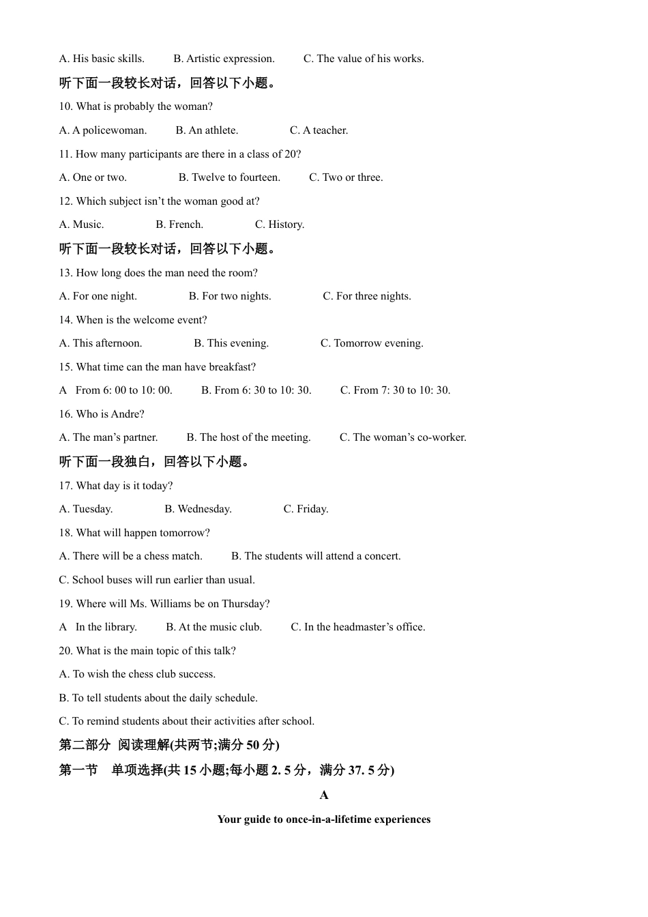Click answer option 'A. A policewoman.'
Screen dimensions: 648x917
pos(102,130)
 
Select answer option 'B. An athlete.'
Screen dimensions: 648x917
pos(207,130)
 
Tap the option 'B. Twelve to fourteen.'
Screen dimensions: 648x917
pos(229,177)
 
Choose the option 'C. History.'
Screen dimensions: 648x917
pos(280,224)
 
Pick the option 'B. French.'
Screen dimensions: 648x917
pos(179,224)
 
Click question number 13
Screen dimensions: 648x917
pos(65,273)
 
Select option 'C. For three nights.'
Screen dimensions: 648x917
pos(367,296)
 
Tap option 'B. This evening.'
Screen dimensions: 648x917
pos(231,343)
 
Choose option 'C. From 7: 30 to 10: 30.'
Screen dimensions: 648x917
pos(395,390)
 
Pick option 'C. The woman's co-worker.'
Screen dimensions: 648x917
pos(403,437)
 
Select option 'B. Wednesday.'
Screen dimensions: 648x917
pos(198,509)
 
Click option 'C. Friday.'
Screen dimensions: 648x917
pos(306,509)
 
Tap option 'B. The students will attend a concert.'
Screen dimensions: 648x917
pos(316,556)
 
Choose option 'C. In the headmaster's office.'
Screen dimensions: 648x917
pos(357,627)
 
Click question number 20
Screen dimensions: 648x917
pos(65,651)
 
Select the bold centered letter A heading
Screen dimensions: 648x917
pos(324,795)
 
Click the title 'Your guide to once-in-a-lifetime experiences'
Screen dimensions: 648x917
pos(324,819)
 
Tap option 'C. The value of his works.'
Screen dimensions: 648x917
pos(364,59)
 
